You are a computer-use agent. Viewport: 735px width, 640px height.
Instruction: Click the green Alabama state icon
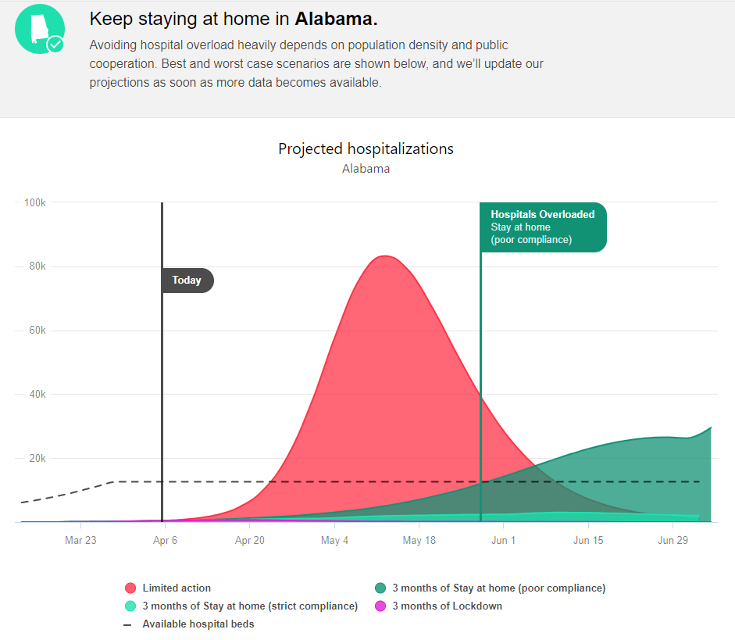pyautogui.click(x=40, y=29)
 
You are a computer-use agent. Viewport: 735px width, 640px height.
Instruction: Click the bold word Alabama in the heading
pyautogui.click(x=336, y=19)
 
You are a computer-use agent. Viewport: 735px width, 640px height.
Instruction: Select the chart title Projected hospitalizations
pyautogui.click(x=366, y=148)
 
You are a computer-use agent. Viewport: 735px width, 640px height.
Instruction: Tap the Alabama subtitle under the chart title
pyautogui.click(x=366, y=168)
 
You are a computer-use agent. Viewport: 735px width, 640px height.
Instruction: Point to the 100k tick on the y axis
pyautogui.click(x=34, y=202)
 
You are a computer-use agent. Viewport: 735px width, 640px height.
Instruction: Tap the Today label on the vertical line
pyautogui.click(x=187, y=281)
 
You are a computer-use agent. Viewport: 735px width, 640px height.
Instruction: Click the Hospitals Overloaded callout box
pyautogui.click(x=543, y=227)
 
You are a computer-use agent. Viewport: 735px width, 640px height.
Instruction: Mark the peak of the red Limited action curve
pyautogui.click(x=384, y=256)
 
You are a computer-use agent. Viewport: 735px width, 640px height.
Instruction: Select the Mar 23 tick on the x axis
pyautogui.click(x=80, y=541)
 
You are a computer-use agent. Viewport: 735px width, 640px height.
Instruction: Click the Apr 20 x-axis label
pyautogui.click(x=250, y=541)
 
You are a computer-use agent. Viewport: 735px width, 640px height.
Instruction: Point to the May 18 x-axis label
pyautogui.click(x=419, y=541)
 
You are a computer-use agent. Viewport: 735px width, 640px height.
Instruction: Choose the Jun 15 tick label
pyautogui.click(x=588, y=541)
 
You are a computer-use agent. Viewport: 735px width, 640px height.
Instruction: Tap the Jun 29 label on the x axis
pyautogui.click(x=673, y=541)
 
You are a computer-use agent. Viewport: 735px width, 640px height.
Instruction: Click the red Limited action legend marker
pyautogui.click(x=130, y=588)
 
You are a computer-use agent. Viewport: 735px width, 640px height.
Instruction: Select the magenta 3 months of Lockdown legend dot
pyautogui.click(x=380, y=606)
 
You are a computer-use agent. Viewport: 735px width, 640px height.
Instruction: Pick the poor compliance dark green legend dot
pyautogui.click(x=380, y=588)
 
